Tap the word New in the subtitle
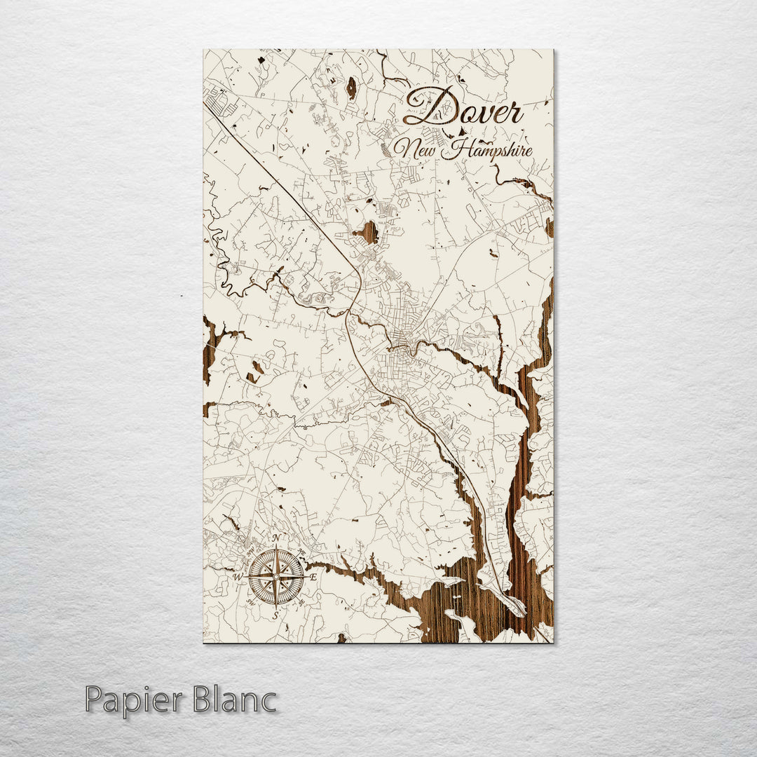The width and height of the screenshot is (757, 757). [417, 149]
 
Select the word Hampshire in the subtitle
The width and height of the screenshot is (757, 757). [491, 150]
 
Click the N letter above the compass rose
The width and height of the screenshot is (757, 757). [276, 538]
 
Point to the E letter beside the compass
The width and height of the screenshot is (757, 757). [313, 576]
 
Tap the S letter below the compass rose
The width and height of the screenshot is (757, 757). [275, 614]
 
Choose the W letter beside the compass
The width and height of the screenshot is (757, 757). [238, 577]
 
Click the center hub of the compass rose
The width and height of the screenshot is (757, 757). [276, 576]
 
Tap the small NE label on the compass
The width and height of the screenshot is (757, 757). [301, 551]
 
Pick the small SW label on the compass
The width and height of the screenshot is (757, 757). [251, 601]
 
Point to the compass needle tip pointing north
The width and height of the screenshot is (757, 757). [276, 548]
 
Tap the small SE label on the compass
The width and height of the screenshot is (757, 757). [301, 601]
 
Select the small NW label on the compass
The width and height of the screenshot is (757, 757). [251, 551]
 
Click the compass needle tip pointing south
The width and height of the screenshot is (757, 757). [276, 605]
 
